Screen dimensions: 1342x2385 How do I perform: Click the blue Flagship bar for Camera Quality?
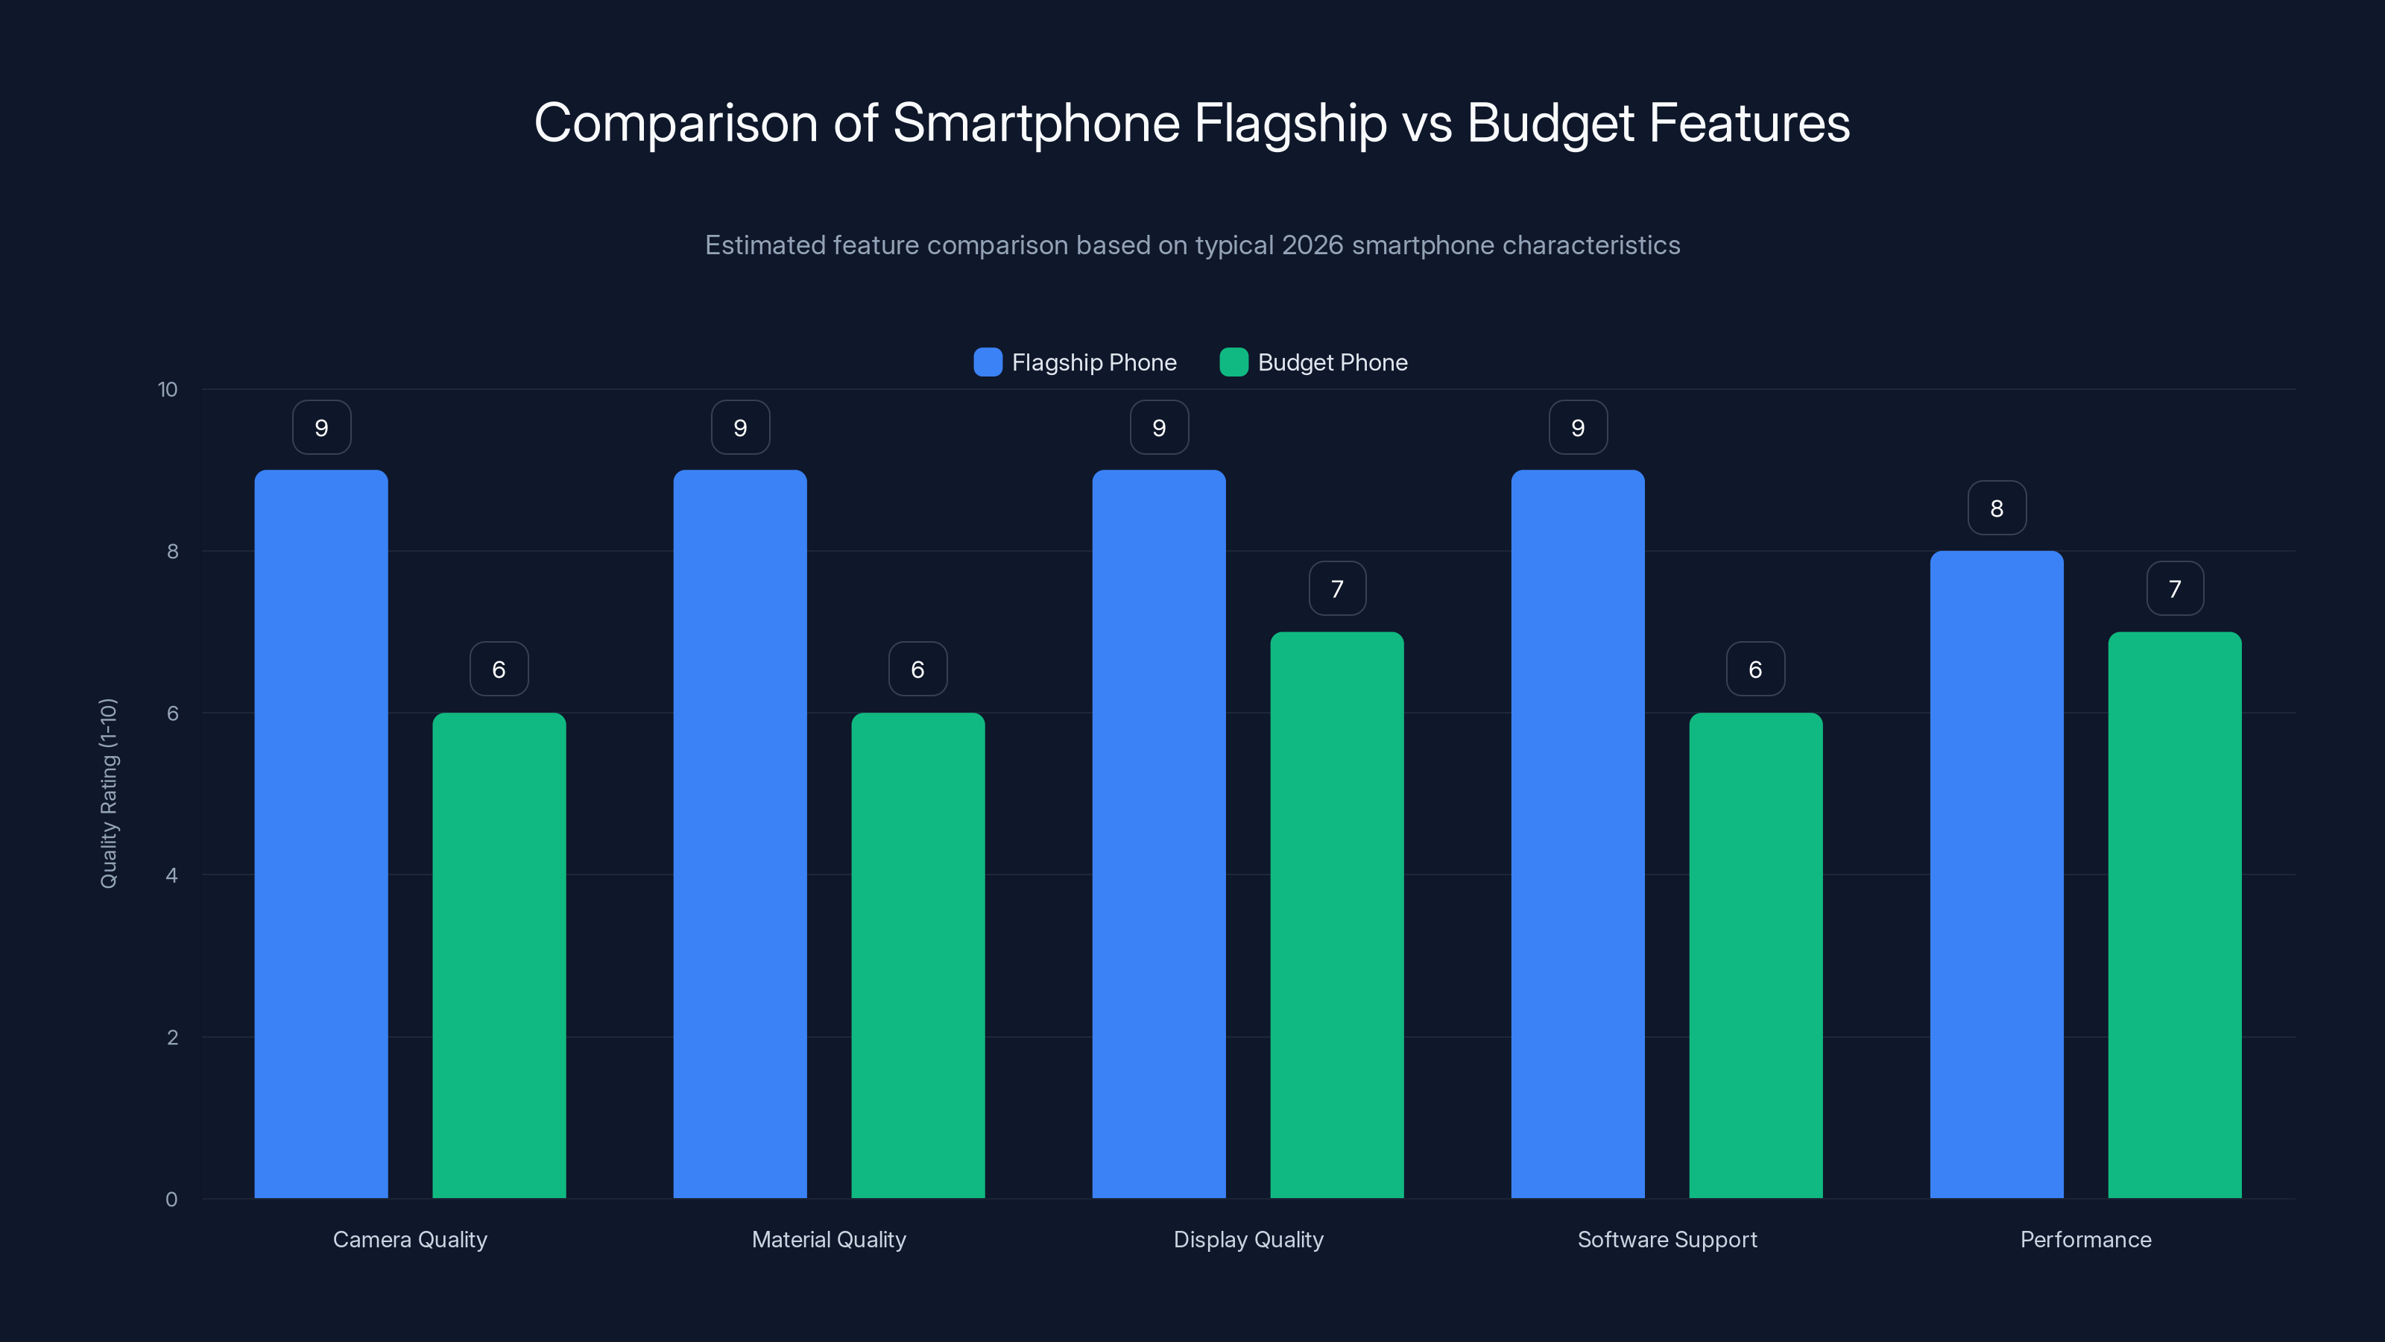[x=321, y=834]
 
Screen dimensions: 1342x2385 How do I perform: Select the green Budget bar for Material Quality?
[x=917, y=955]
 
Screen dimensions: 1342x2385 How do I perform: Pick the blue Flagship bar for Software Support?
[x=1578, y=834]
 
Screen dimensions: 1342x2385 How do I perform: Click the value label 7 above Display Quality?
[x=1337, y=588]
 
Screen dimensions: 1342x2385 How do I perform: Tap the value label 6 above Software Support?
[x=1755, y=669]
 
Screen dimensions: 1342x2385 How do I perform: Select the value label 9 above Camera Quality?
[x=321, y=427]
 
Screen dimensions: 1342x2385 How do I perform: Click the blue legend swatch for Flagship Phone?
[x=988, y=362]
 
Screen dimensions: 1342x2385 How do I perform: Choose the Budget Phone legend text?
[x=1333, y=362]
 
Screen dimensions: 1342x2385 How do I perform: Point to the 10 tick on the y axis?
[x=168, y=389]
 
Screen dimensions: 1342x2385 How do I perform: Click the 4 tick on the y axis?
[x=171, y=875]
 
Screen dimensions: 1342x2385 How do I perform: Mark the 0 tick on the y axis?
[x=171, y=1200]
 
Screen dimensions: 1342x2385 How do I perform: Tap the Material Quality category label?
[x=829, y=1239]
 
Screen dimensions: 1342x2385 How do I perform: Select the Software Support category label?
[x=1667, y=1239]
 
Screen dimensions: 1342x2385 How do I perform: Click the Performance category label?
[x=2085, y=1239]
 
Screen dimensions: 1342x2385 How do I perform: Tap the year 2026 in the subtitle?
[x=1312, y=245]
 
